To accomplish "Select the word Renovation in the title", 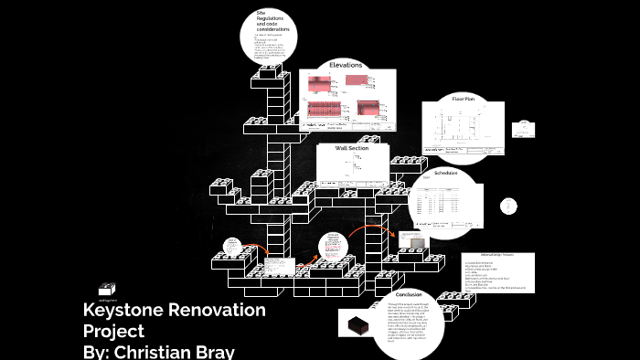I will pos(219,310).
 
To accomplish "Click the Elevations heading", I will pos(346,65).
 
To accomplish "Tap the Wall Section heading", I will pos(351,148).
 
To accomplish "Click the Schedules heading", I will pos(445,173).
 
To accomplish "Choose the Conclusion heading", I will pos(408,294).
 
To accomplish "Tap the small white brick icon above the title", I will pos(107,288).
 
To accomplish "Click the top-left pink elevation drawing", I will pos(320,86).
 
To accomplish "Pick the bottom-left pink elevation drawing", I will pos(325,110).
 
